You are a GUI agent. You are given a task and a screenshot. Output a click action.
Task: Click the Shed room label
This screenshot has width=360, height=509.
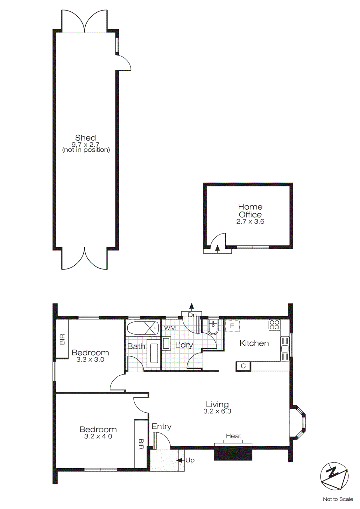pos(85,138)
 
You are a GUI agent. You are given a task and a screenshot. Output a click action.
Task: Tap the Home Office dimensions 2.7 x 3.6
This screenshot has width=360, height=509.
pos(250,222)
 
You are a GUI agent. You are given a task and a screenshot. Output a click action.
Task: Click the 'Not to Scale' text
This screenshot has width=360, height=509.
pos(338,499)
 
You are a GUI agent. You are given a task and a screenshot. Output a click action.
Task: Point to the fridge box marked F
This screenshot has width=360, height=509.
pos(232,326)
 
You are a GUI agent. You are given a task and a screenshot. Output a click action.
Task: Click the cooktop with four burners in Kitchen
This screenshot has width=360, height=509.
pos(274,325)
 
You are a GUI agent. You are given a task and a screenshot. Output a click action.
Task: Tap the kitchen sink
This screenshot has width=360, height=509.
pos(285,349)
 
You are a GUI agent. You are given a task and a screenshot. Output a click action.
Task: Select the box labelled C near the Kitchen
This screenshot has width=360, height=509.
pos(243,366)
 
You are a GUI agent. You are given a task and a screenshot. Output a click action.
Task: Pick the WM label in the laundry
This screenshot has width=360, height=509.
pos(170,328)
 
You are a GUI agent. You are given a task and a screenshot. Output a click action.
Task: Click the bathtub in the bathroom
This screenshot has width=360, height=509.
pos(143,328)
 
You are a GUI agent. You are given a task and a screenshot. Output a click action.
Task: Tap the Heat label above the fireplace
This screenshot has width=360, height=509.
pos(233,436)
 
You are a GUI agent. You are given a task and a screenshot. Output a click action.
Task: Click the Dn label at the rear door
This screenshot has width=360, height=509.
pos(192,315)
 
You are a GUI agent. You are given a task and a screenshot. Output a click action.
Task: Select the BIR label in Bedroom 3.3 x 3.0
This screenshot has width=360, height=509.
pos(62,339)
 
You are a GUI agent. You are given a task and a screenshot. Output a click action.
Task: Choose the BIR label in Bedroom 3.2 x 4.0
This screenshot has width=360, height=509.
pos(141,444)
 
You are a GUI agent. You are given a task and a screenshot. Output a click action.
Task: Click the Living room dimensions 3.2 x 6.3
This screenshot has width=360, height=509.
pos(217,411)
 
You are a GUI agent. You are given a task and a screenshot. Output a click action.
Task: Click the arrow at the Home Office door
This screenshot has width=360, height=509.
pos(217,248)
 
